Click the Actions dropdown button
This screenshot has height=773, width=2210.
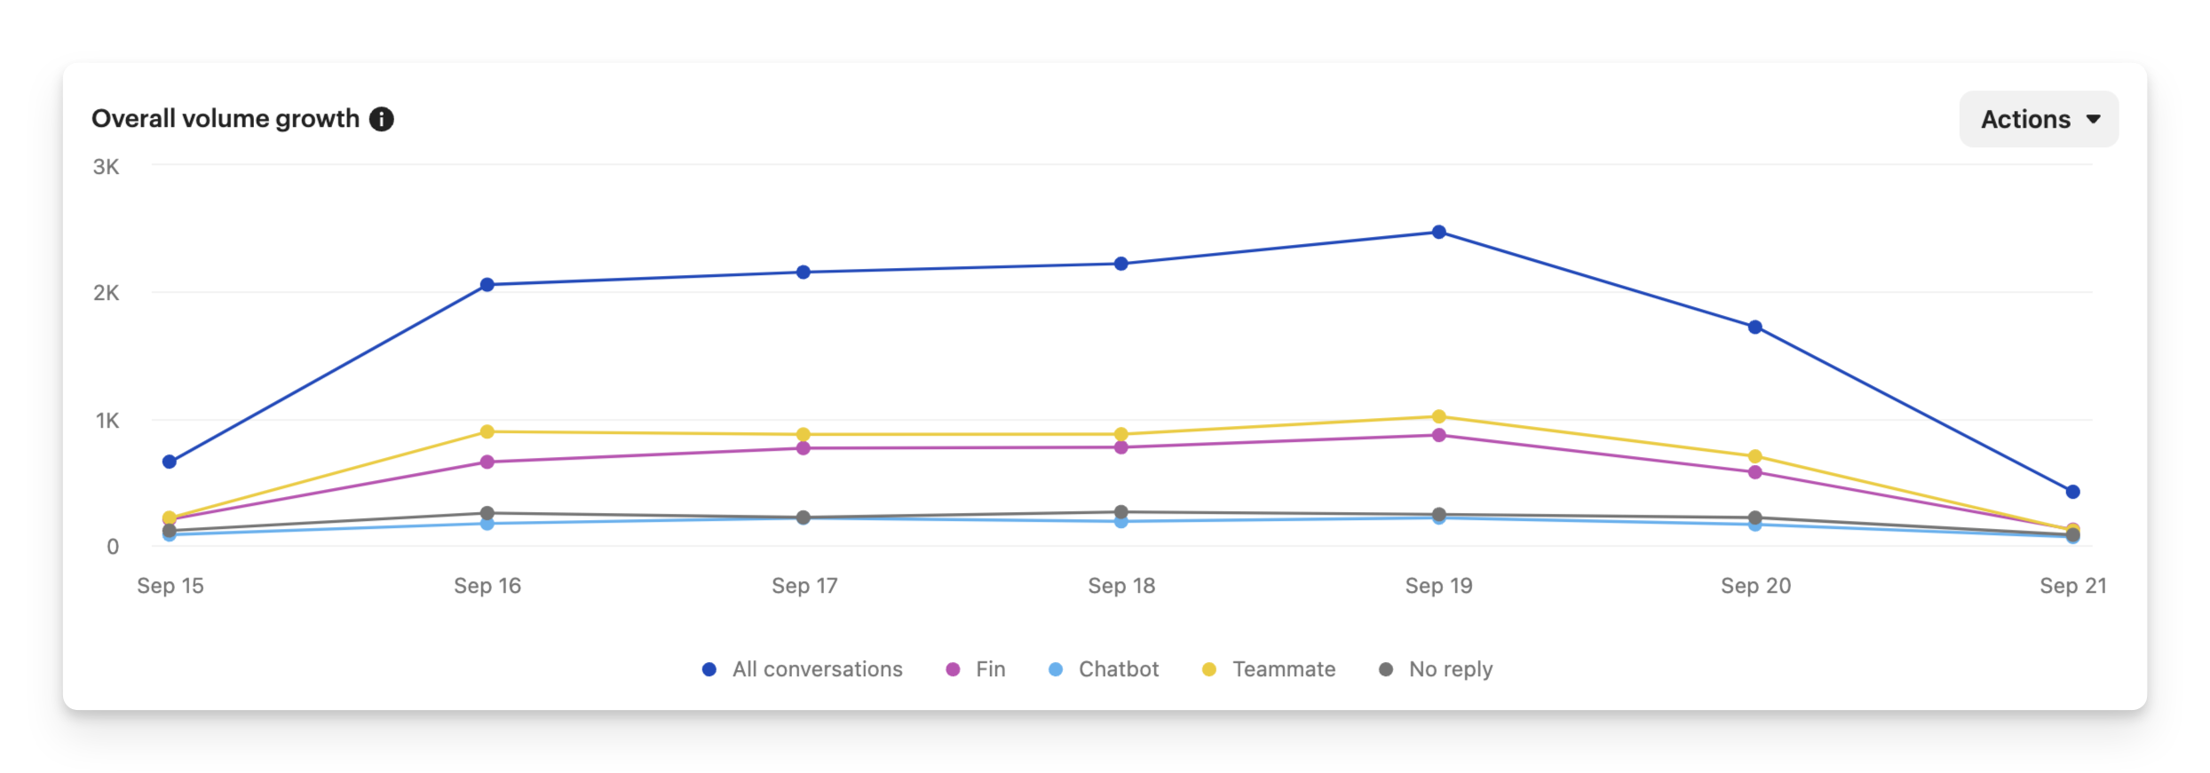click(x=2038, y=119)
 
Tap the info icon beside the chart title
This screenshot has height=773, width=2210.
click(x=382, y=119)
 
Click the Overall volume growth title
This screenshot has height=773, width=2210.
click(x=226, y=119)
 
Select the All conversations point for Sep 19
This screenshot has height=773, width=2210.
click(x=1439, y=233)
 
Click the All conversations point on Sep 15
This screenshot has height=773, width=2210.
click(x=170, y=461)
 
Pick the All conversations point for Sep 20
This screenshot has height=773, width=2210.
click(x=1755, y=327)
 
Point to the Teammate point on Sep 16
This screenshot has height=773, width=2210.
click(x=487, y=431)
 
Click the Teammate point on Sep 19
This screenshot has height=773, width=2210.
click(x=1439, y=416)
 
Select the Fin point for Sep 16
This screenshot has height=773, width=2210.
click(x=487, y=461)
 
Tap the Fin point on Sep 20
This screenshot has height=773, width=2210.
click(x=1755, y=472)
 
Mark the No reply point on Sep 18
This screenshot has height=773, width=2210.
click(x=1121, y=512)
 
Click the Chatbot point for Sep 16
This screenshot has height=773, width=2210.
click(x=487, y=524)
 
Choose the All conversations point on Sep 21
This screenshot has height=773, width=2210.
click(x=2073, y=492)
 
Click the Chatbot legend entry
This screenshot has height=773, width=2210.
click(x=1104, y=669)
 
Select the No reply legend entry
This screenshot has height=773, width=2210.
click(x=1436, y=669)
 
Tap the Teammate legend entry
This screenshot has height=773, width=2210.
click(x=1269, y=669)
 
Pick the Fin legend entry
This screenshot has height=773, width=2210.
click(x=977, y=669)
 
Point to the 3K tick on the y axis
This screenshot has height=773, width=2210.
click(x=106, y=167)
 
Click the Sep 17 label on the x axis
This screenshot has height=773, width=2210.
click(x=804, y=586)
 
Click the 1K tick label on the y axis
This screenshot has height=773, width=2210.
click(x=107, y=421)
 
